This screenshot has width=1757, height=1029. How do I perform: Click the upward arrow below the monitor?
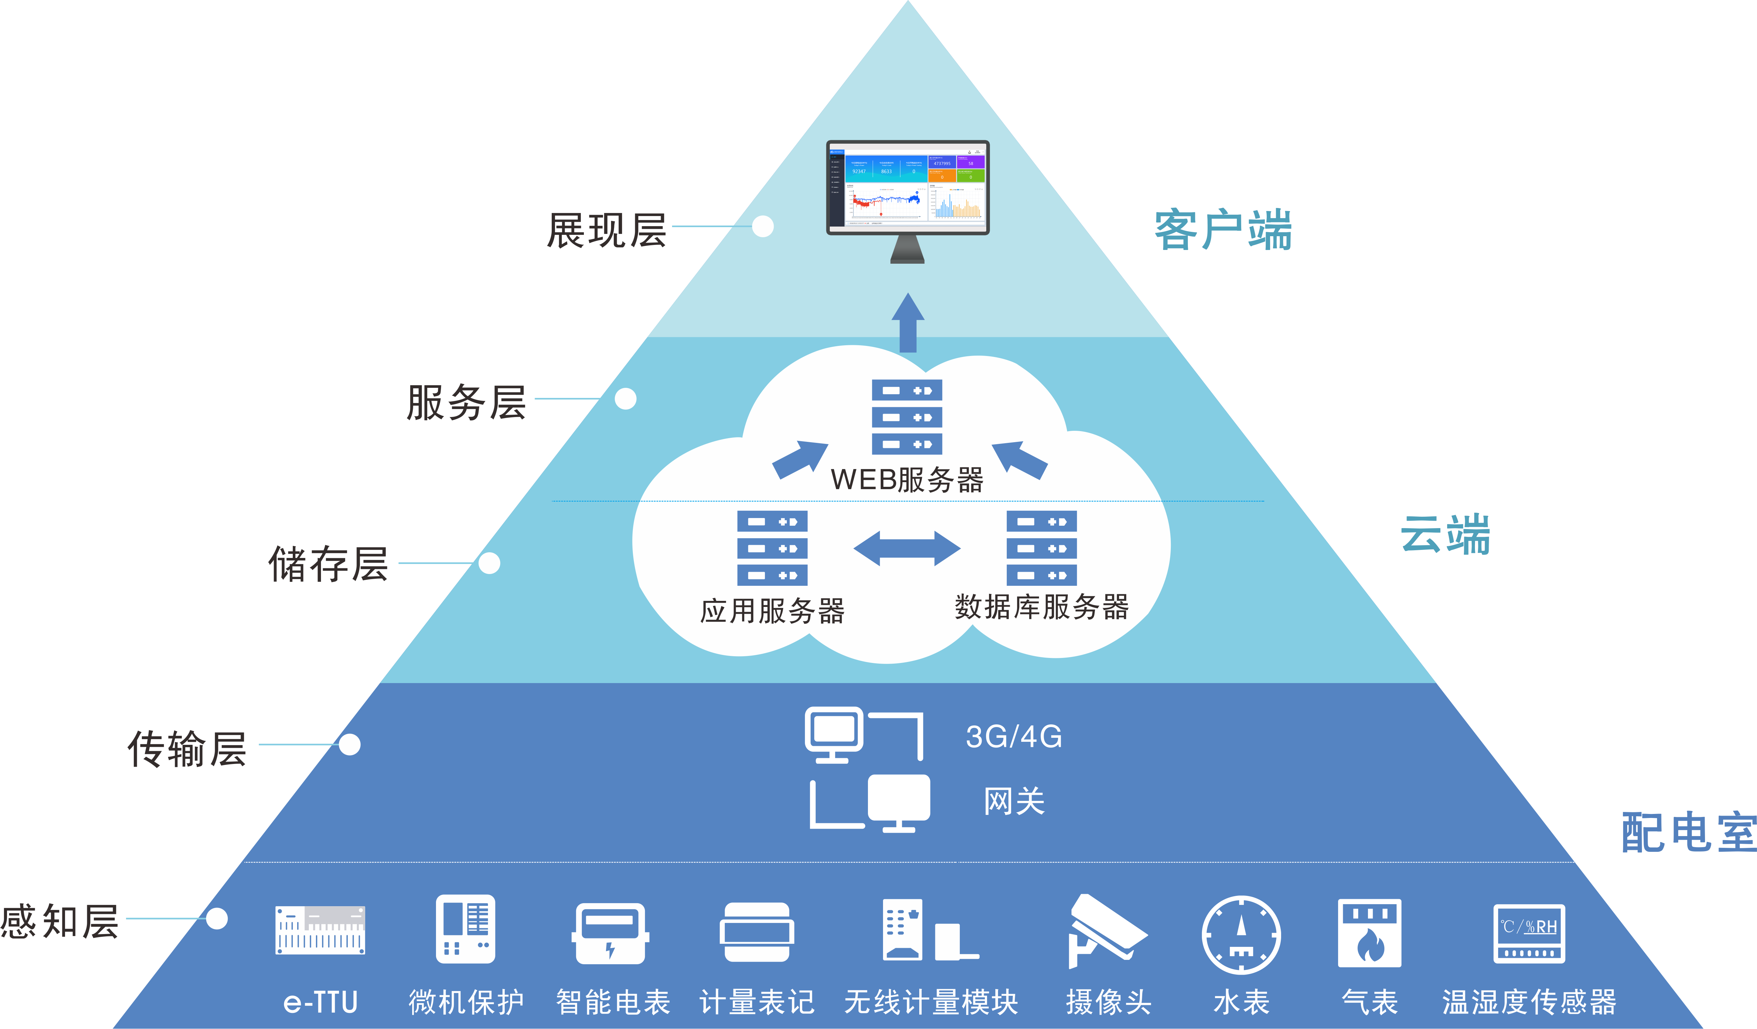[908, 322]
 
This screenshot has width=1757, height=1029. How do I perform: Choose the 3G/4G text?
[1014, 737]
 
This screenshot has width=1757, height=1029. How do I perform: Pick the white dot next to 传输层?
[350, 744]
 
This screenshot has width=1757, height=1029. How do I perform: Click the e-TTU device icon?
[320, 930]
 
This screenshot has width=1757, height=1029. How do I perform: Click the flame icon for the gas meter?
[1369, 945]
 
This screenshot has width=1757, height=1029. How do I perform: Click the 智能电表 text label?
[613, 1002]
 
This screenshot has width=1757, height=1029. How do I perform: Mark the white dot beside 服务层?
[625, 399]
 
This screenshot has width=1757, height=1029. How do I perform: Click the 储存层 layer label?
[328, 564]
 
